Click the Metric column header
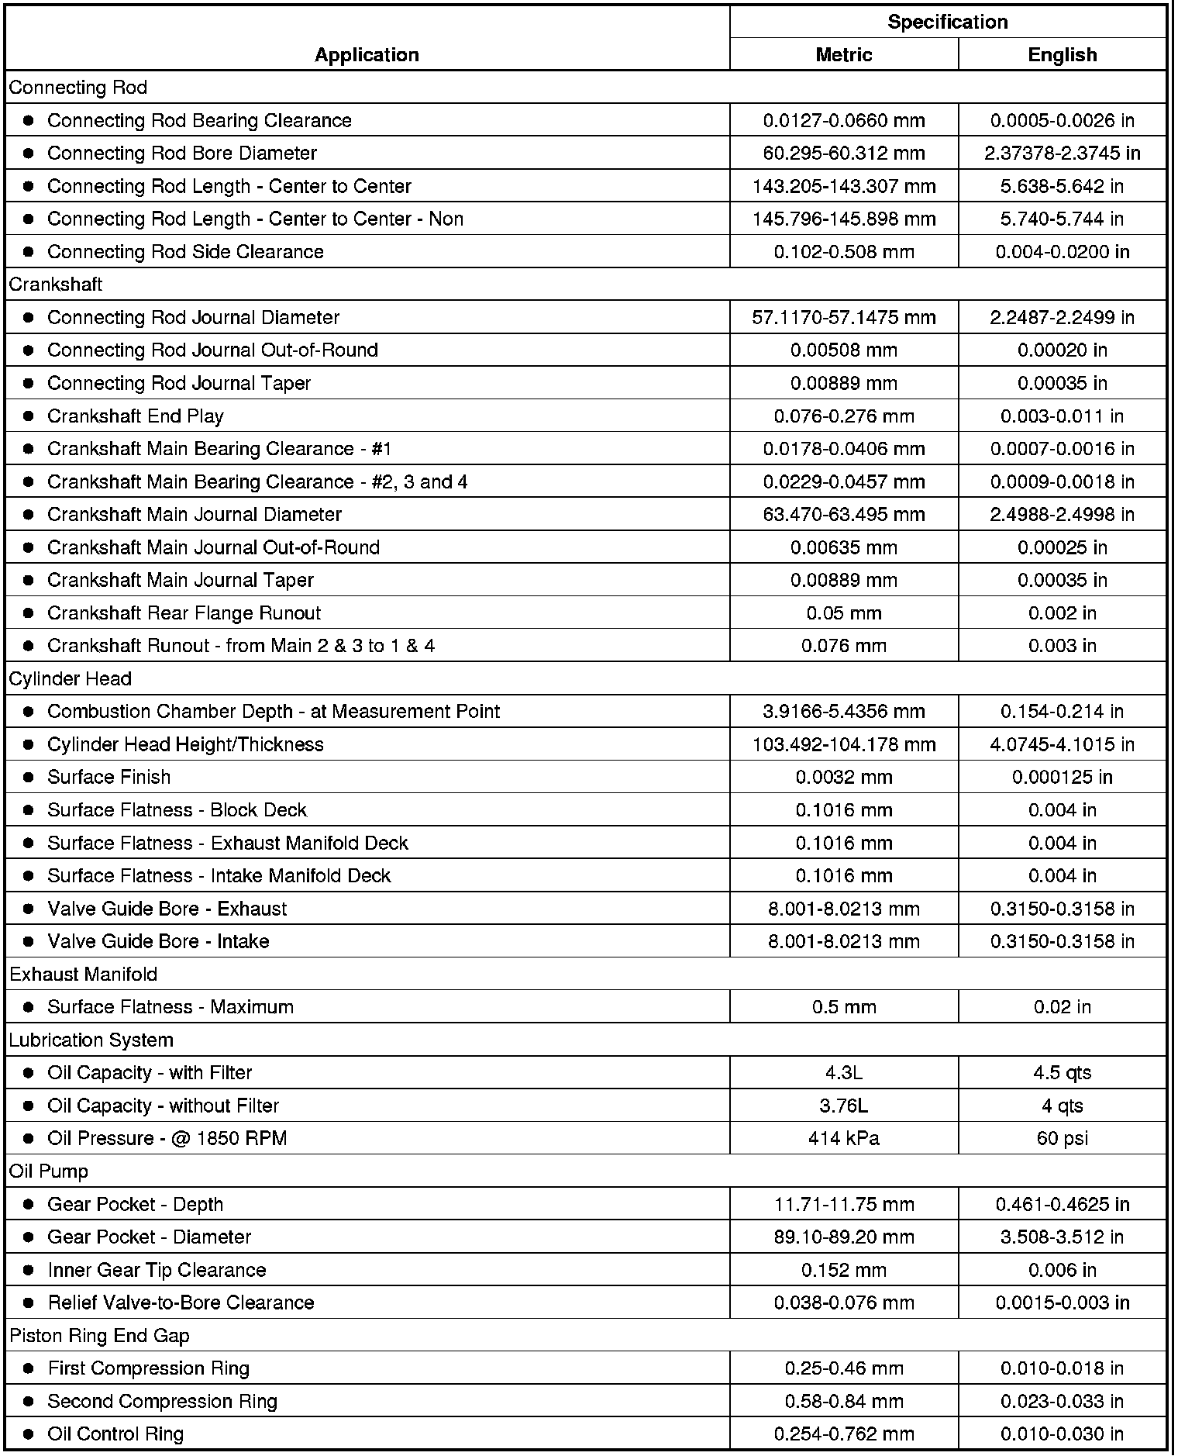pos(843,55)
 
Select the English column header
pos(1062,55)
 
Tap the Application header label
pos(367,55)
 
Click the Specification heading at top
pos(947,22)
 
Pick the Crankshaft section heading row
pos(56,285)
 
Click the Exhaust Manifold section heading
pos(84,975)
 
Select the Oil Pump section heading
pos(49,1171)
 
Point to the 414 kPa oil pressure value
pos(843,1139)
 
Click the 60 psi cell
pos(1062,1139)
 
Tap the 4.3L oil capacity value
pos(843,1073)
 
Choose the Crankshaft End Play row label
pos(136,416)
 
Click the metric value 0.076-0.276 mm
pos(843,416)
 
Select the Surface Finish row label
pos(108,778)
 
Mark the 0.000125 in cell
pos(1062,778)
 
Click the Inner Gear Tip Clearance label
pos(157,1270)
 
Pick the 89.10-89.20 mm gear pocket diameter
pos(843,1237)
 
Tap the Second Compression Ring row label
pos(162,1402)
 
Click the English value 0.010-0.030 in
pos(1062,1434)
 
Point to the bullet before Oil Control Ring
pos(29,1434)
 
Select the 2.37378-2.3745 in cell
pos(1062,154)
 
